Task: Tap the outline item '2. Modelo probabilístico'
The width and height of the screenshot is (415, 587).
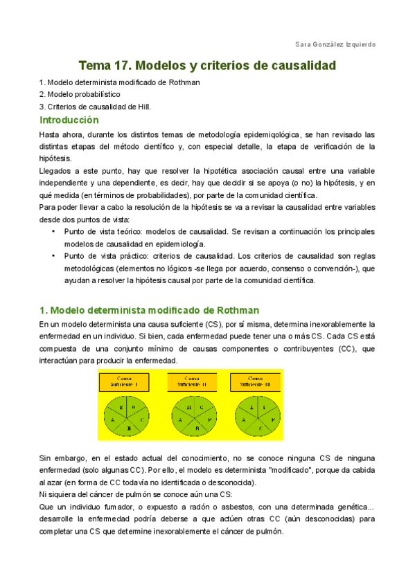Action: [80, 94]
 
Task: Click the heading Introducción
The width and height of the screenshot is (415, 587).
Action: [74, 120]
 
